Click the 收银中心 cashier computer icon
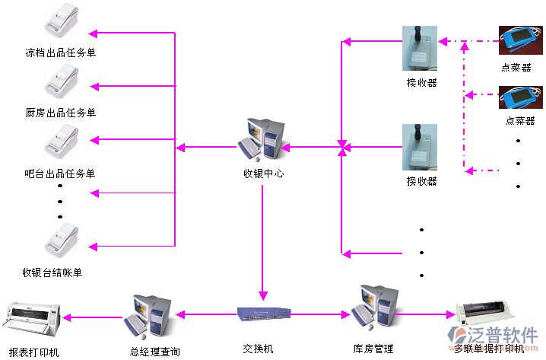click(x=263, y=139)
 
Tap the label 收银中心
click(x=263, y=174)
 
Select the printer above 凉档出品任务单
click(x=63, y=24)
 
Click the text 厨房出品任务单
click(x=61, y=113)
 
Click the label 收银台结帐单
click(x=52, y=272)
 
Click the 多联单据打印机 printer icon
click(x=487, y=314)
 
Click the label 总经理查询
click(x=154, y=351)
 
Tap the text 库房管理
click(x=373, y=349)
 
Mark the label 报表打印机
click(x=33, y=352)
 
